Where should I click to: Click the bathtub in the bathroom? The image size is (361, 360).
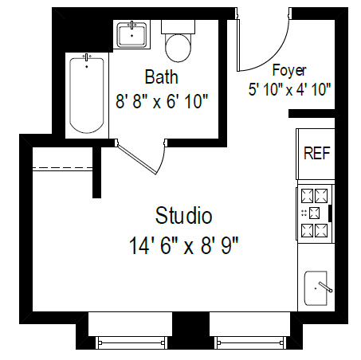tap(86, 94)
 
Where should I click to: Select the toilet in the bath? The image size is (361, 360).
tap(178, 46)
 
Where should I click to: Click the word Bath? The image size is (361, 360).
tap(161, 77)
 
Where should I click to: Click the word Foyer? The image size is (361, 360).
tap(289, 70)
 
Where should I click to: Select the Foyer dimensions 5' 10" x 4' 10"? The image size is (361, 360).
tap(289, 89)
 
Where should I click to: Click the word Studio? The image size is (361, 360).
tap(184, 215)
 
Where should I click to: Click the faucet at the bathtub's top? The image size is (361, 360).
tap(86, 57)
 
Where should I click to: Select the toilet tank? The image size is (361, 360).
tap(178, 26)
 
